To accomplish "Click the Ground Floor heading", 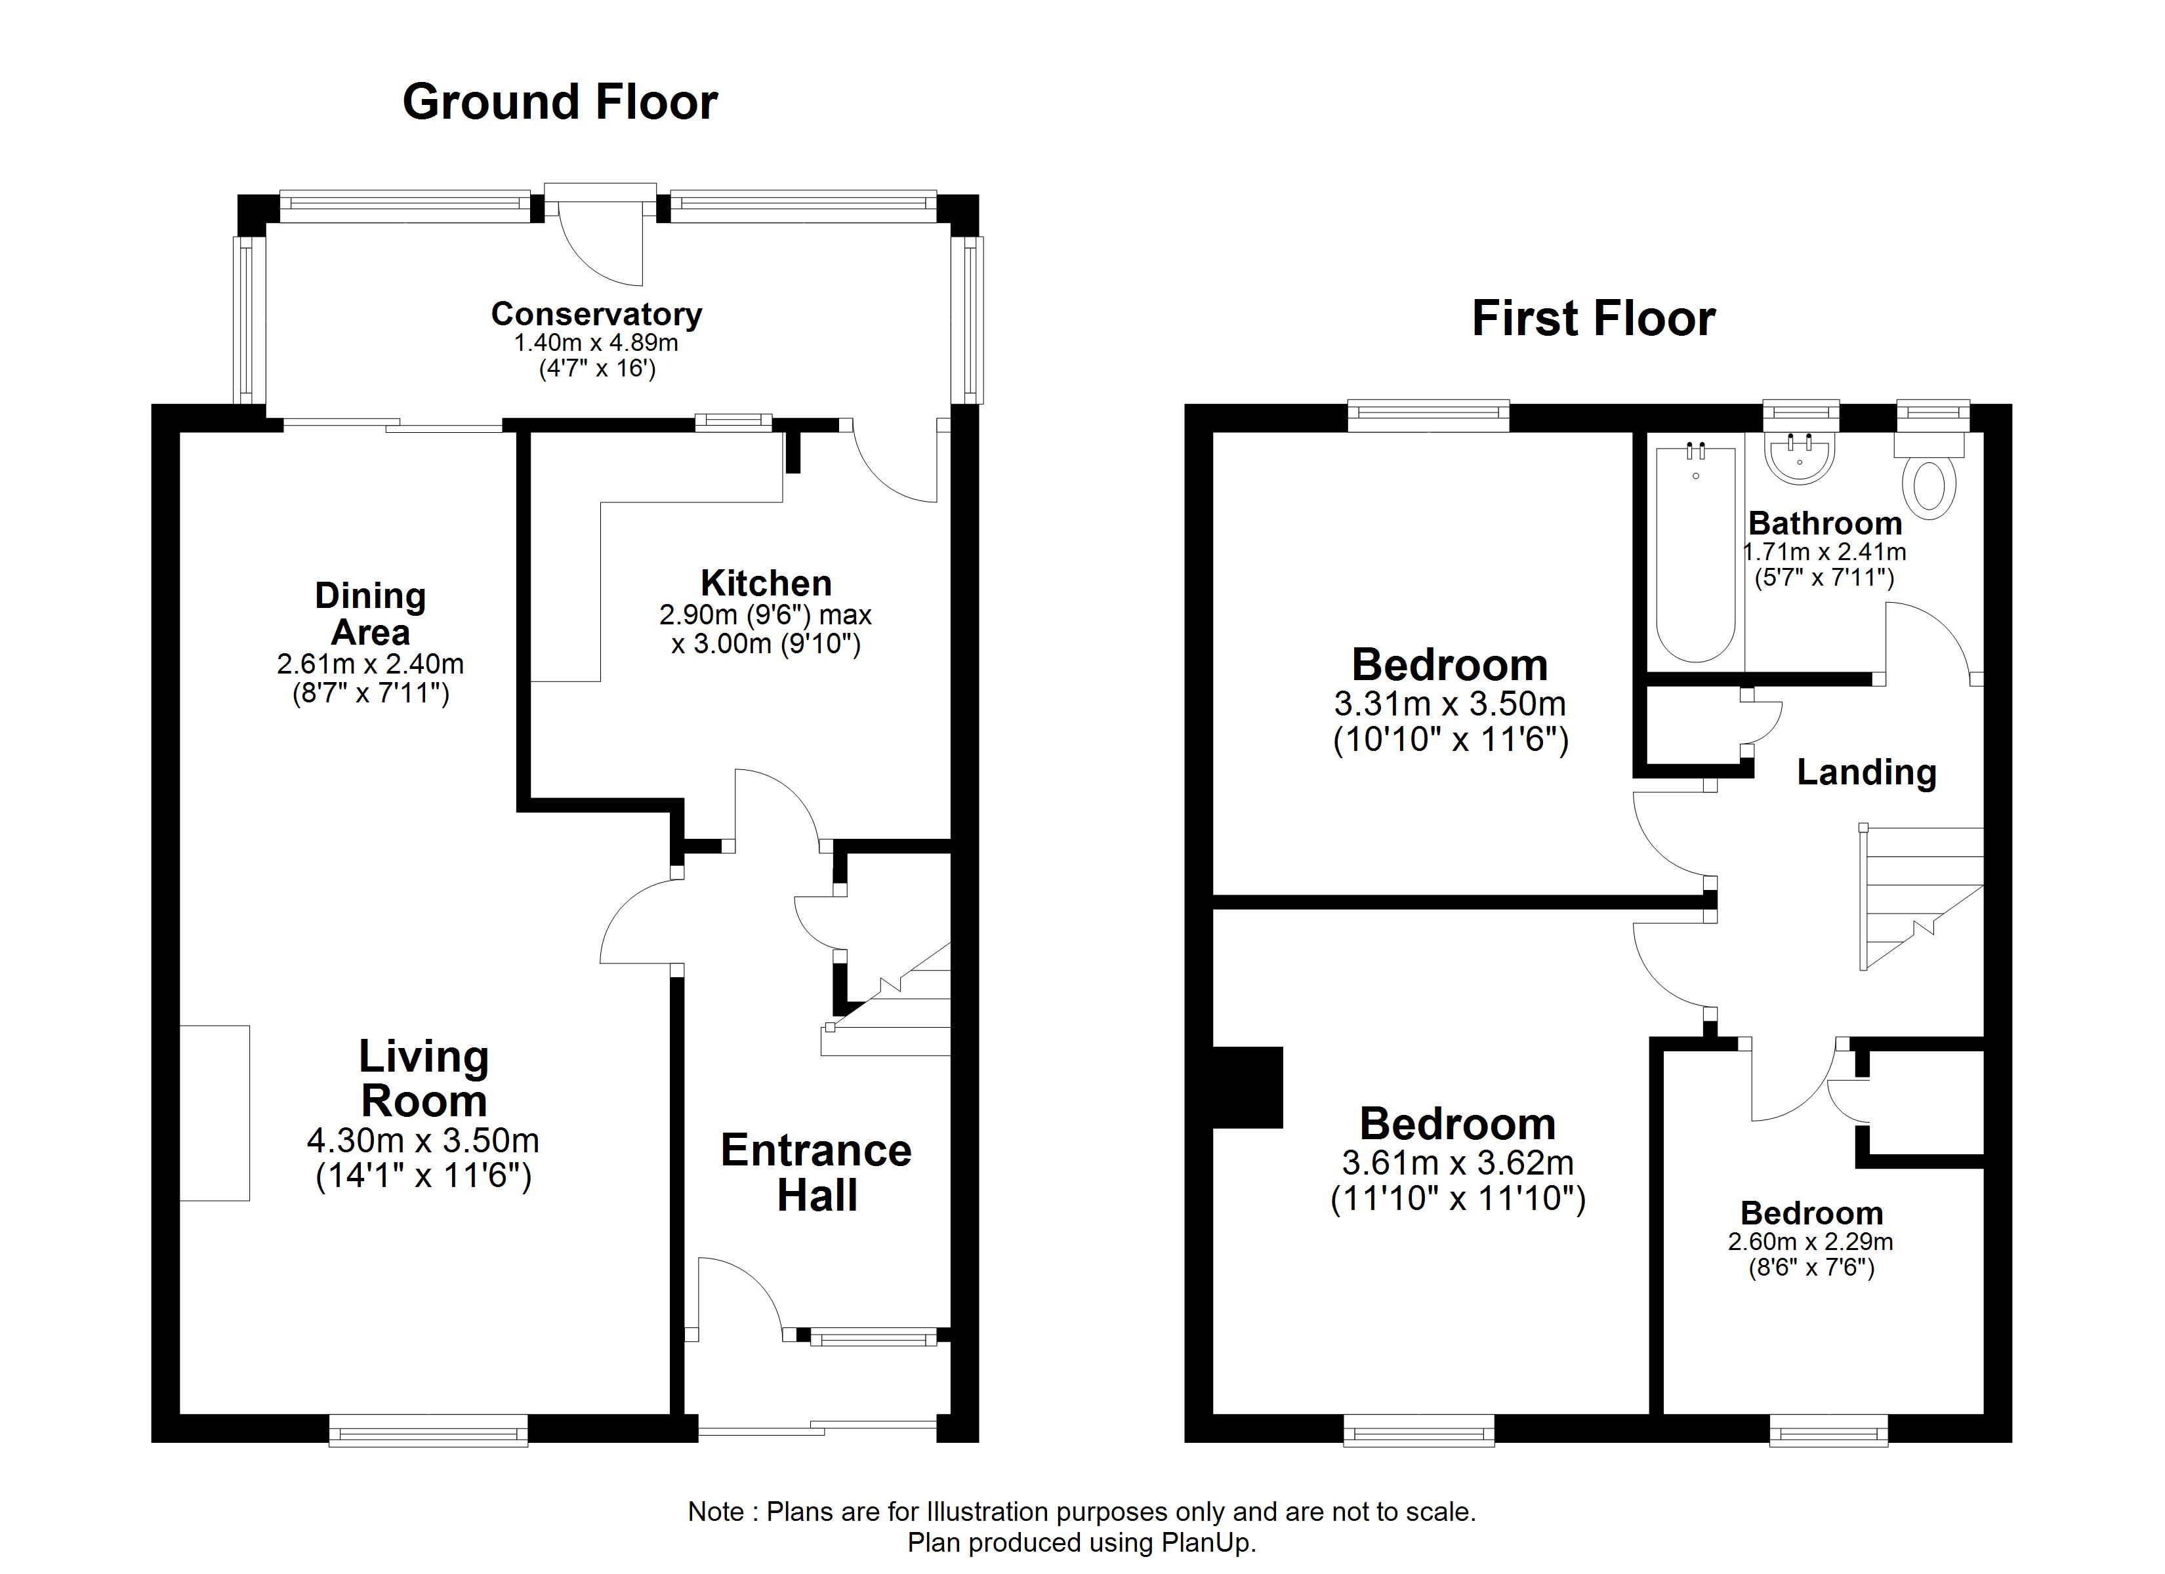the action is click(560, 102).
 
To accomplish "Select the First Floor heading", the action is click(1593, 319).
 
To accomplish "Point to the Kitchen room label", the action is click(766, 582).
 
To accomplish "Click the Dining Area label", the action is click(371, 614).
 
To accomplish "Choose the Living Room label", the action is click(424, 1079).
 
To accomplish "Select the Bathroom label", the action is click(1825, 523).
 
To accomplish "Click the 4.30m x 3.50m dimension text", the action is click(423, 1140).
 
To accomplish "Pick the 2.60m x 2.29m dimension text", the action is click(1811, 1242).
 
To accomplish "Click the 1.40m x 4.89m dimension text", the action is click(596, 342).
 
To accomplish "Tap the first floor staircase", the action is click(1922, 897).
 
